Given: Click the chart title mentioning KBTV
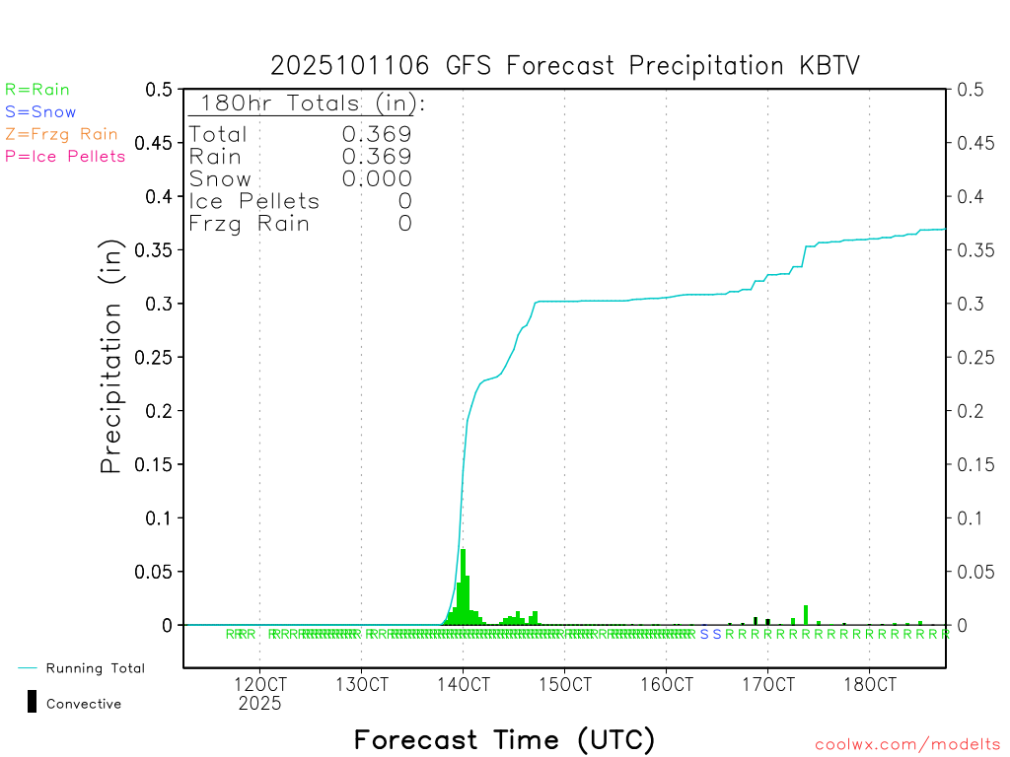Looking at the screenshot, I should [565, 66].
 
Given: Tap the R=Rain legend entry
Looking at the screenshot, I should [37, 90].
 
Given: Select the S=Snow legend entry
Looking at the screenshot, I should [40, 112].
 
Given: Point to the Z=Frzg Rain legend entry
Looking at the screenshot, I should [61, 134].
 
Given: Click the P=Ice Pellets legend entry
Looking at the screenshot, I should [65, 156].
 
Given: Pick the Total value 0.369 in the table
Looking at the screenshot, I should [377, 134].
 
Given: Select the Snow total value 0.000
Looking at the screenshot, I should [377, 178].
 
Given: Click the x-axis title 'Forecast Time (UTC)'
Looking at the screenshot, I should [504, 739].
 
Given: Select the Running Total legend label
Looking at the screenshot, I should [95, 668].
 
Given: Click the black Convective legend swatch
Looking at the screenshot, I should [33, 702].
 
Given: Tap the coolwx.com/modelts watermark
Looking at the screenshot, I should [907, 745].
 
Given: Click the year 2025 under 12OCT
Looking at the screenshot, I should [259, 703].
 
